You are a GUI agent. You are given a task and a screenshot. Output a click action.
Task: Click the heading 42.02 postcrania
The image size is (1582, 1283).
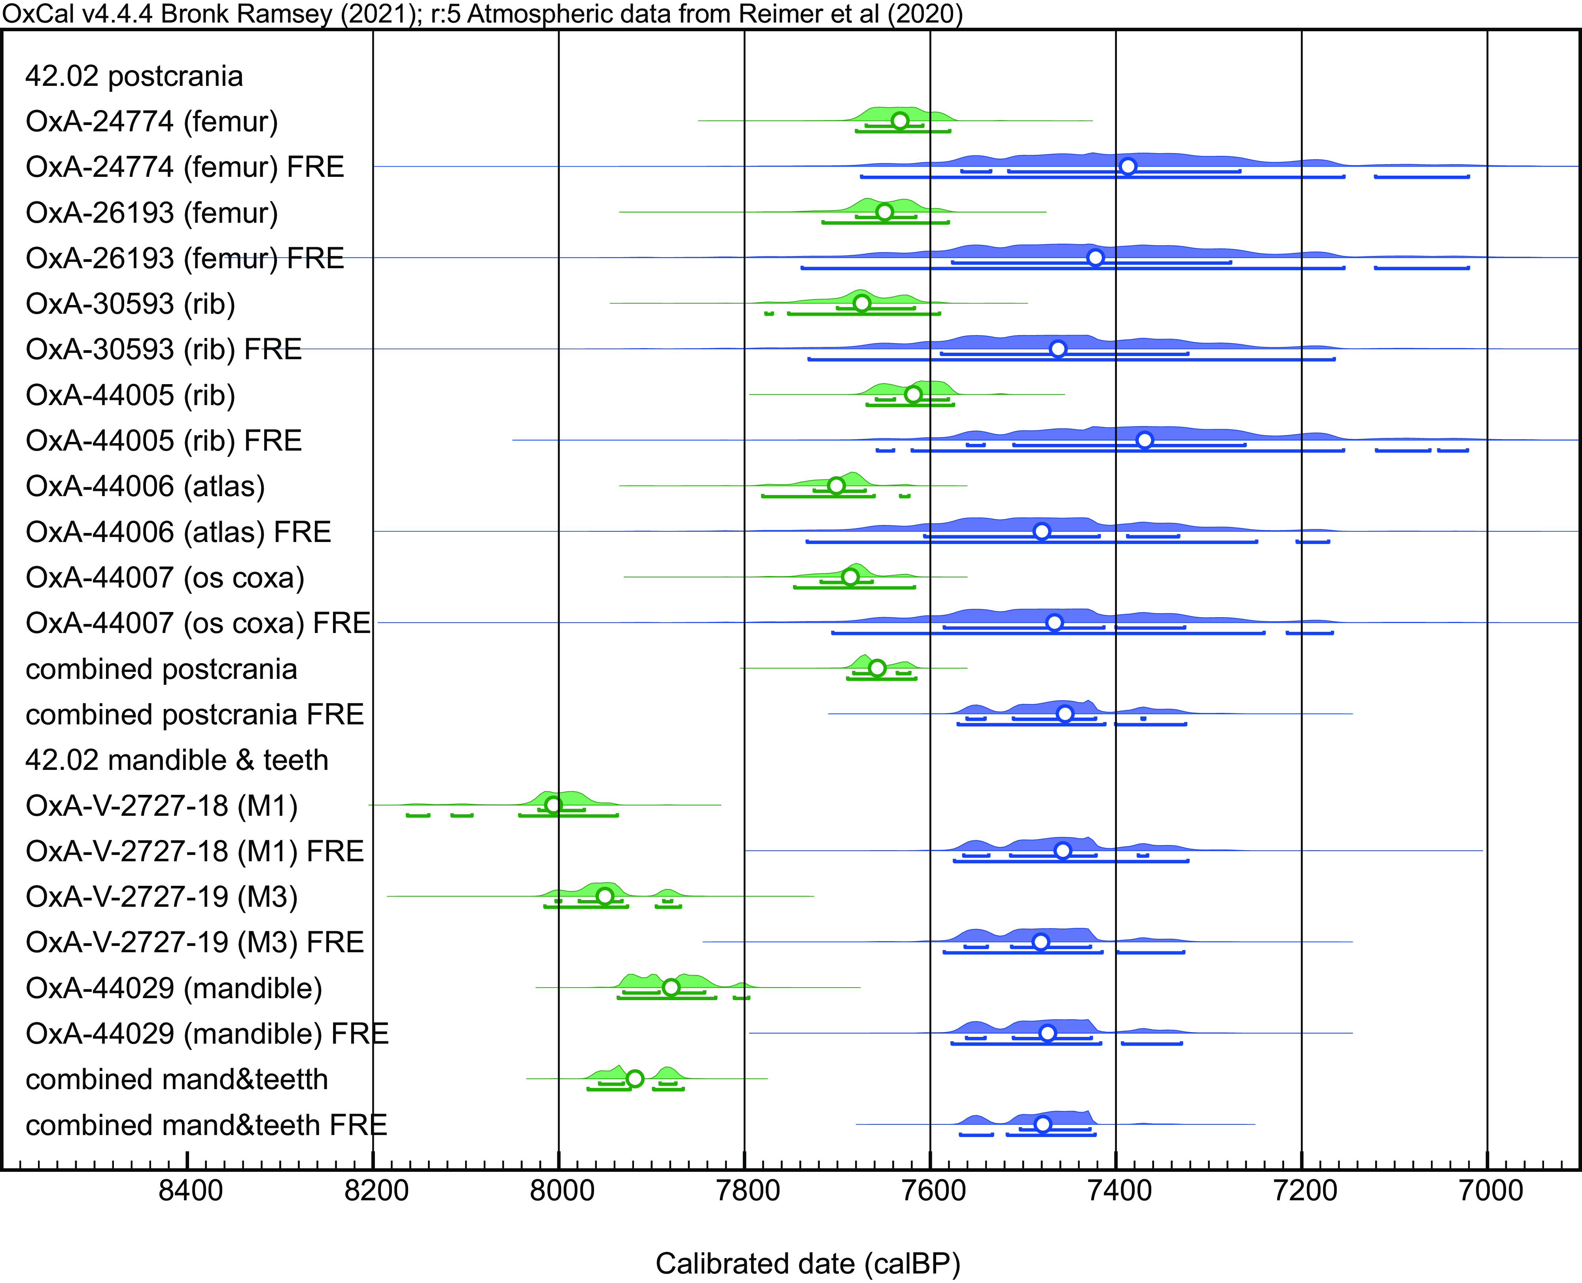pos(134,76)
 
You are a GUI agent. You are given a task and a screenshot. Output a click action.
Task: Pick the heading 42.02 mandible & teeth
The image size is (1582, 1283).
pos(177,760)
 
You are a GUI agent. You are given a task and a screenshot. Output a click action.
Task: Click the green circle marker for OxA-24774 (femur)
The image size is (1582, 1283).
pos(899,120)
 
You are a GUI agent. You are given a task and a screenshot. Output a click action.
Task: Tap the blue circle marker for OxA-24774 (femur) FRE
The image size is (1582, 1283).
pos(1128,166)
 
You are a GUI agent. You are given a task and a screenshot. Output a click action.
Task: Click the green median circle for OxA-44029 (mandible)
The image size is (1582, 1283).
pos(670,987)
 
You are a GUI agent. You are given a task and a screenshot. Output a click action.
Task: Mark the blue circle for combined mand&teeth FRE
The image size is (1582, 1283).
pos(1042,1124)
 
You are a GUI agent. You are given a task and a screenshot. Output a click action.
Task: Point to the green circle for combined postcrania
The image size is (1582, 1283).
pos(876,668)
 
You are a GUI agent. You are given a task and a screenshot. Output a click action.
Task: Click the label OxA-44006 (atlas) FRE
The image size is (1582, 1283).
pos(178,532)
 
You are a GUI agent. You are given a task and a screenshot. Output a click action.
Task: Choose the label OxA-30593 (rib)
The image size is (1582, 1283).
pos(130,304)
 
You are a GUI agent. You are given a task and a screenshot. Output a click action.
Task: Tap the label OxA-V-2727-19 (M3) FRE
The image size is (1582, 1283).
pos(194,942)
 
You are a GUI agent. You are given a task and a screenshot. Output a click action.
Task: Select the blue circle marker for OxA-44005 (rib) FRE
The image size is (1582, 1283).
pos(1144,440)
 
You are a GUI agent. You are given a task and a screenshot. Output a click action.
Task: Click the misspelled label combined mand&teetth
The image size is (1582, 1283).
pos(177,1079)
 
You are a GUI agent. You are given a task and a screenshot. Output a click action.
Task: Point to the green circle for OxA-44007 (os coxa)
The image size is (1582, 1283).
pos(850,576)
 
